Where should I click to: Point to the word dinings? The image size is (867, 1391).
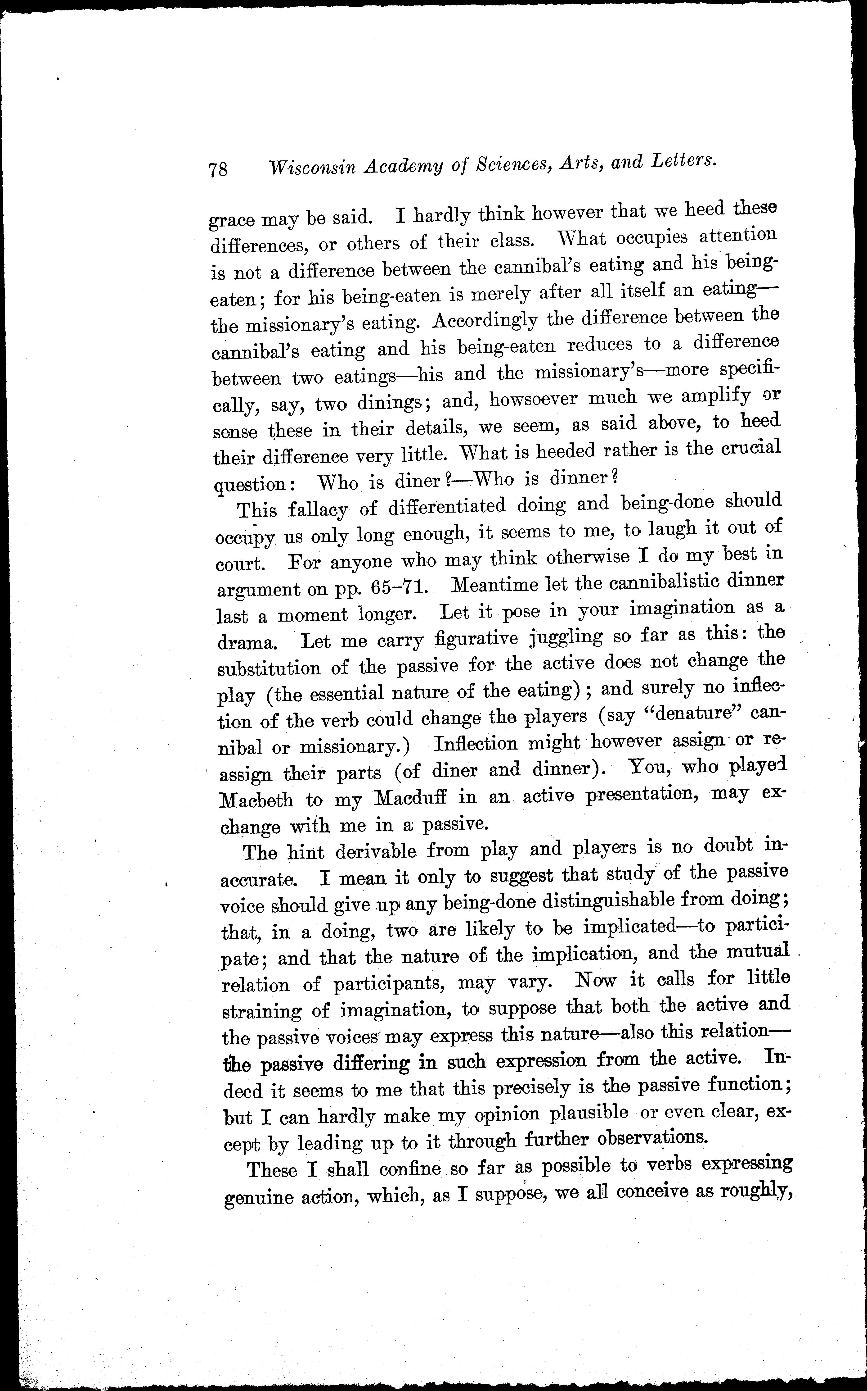click(390, 403)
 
